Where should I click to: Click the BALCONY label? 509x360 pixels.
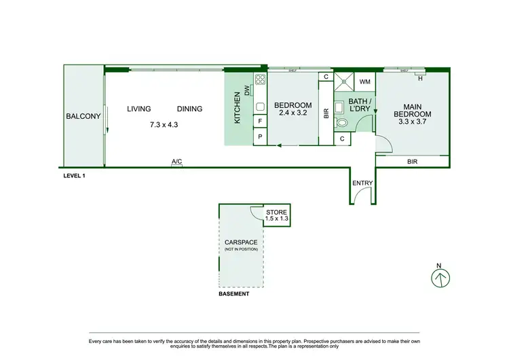(x=83, y=116)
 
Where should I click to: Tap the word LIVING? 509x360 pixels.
(x=138, y=109)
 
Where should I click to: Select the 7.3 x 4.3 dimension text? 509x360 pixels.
(x=163, y=124)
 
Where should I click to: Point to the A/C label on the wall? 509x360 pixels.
(x=176, y=162)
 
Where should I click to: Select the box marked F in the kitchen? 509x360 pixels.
(x=260, y=122)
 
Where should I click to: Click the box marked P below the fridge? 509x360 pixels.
(x=260, y=137)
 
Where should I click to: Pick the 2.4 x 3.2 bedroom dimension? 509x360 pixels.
(x=293, y=115)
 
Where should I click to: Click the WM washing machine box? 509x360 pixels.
(x=364, y=82)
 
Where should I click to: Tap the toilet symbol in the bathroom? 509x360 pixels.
(x=342, y=123)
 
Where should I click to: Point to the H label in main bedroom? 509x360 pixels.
(x=421, y=78)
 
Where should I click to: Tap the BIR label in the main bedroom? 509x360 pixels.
(x=412, y=162)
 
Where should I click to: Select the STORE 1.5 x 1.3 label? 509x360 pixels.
(x=277, y=215)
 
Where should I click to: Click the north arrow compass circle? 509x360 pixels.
(x=442, y=277)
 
